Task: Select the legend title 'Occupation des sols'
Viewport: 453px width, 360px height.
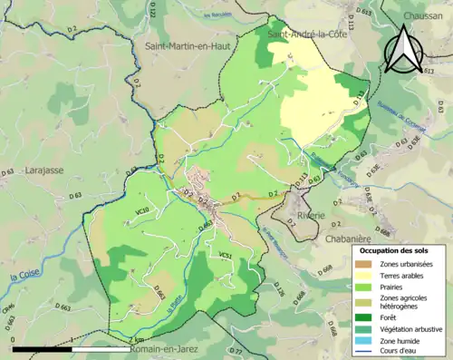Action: click(398, 249)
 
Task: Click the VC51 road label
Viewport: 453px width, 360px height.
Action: click(225, 257)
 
